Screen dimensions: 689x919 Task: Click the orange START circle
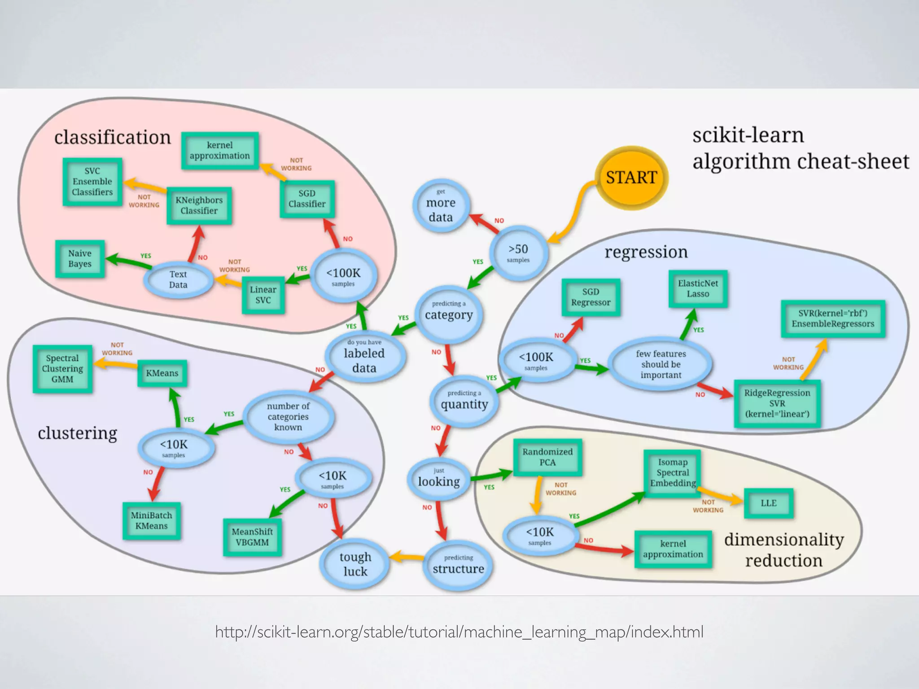point(631,178)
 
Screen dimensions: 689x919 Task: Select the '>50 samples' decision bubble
point(518,253)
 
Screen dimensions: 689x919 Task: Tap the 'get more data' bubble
point(441,206)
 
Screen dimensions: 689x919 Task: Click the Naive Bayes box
point(80,259)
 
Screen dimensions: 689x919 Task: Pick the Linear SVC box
point(263,295)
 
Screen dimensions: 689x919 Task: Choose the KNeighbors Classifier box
point(199,205)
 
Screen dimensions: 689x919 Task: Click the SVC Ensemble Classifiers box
point(92,182)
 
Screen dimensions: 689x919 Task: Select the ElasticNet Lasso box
point(698,288)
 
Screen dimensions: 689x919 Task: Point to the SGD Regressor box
point(591,297)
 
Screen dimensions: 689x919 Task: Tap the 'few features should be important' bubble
point(661,364)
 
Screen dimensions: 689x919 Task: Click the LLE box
point(768,503)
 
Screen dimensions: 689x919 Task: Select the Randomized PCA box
point(547,457)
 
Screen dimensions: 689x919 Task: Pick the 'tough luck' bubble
point(355,564)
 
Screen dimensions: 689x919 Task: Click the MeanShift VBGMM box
point(252,537)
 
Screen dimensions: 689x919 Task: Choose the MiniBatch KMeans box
point(152,520)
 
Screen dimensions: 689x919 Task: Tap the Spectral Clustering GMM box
point(62,369)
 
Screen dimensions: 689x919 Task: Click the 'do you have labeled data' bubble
point(364,358)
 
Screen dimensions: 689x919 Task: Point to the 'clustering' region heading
point(77,433)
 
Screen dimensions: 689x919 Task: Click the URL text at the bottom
point(459,632)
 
